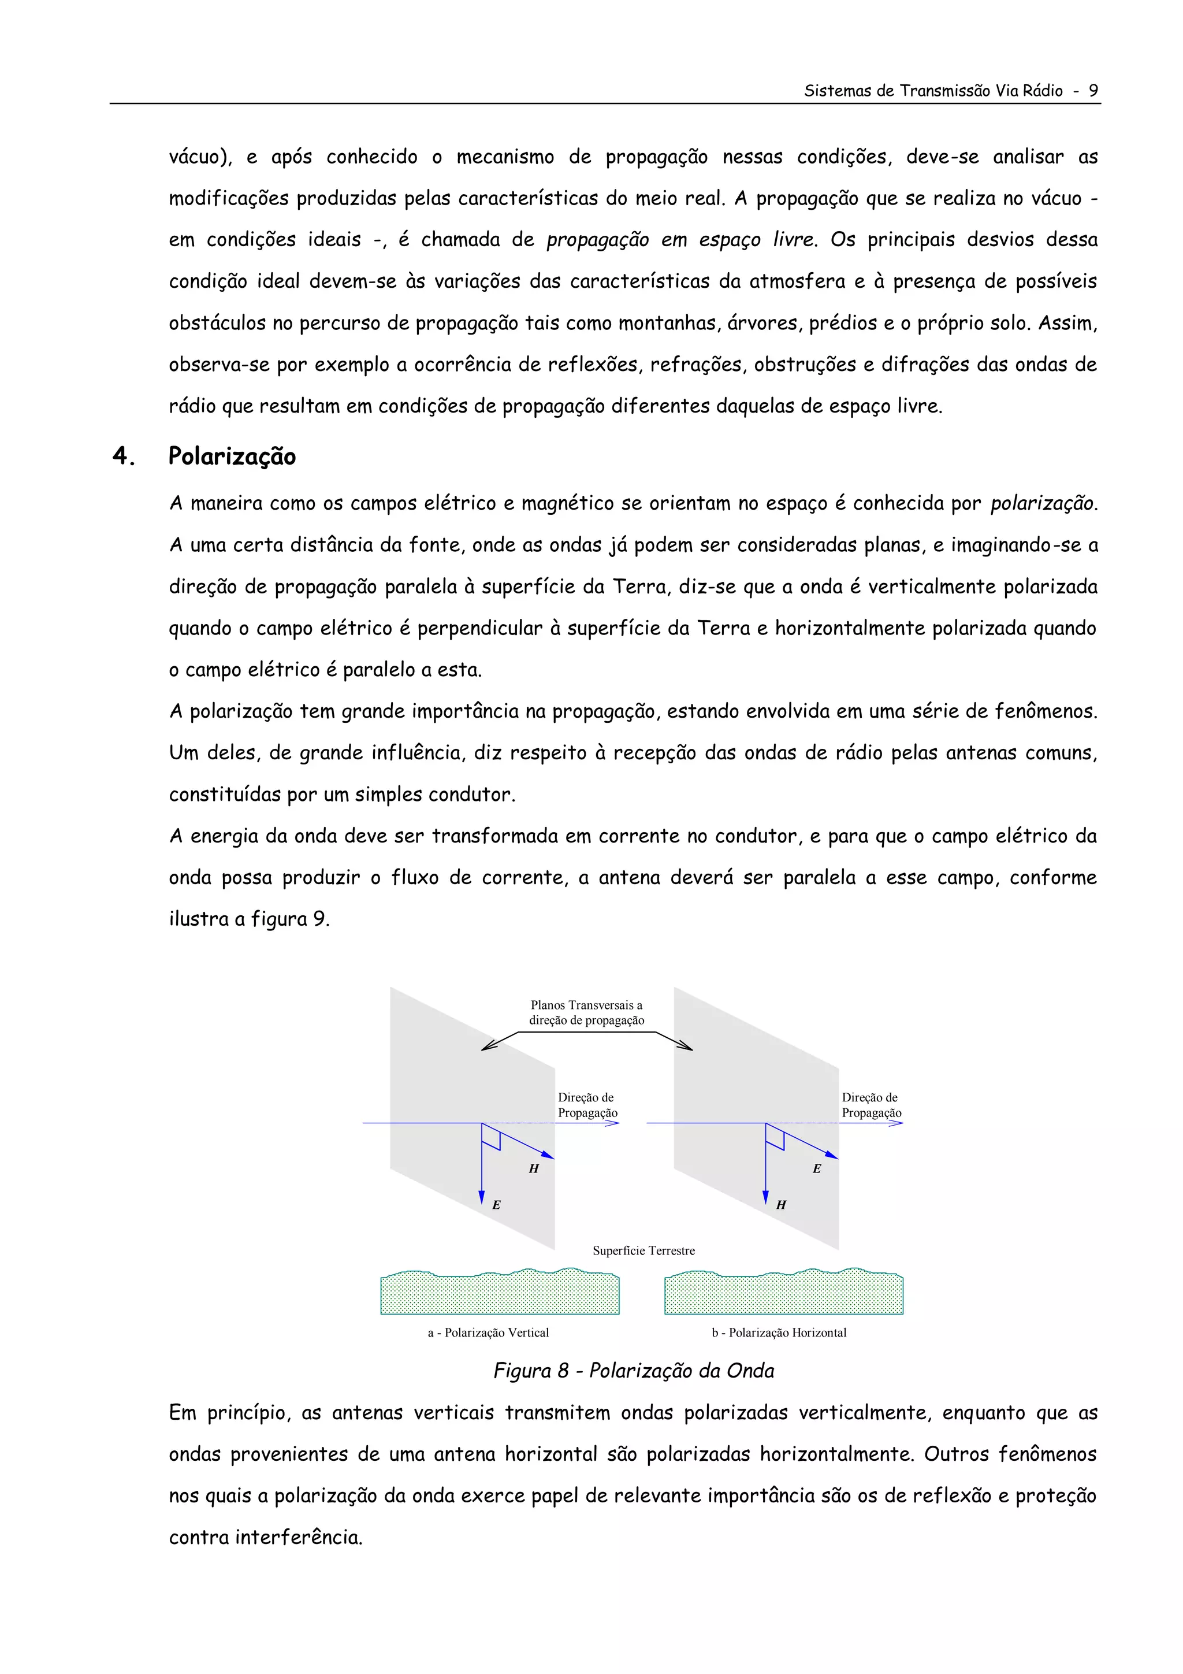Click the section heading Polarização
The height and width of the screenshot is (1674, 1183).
(x=232, y=456)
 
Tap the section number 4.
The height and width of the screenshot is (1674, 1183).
(x=122, y=456)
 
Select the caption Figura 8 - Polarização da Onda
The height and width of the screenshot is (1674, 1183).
(x=634, y=1371)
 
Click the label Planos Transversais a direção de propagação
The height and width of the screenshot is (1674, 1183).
(x=586, y=1013)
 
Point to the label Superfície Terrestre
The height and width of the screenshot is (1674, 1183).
(x=643, y=1250)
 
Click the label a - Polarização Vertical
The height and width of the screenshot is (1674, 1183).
(x=488, y=1332)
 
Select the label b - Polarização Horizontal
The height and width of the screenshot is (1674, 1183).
(x=779, y=1332)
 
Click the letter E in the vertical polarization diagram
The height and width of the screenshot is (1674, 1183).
(x=496, y=1205)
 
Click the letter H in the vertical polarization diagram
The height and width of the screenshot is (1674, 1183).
(x=534, y=1169)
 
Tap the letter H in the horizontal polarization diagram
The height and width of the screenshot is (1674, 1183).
(x=780, y=1205)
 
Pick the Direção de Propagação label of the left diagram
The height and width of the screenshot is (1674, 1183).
(x=587, y=1105)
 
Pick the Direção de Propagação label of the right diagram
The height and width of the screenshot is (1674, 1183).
(x=871, y=1105)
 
